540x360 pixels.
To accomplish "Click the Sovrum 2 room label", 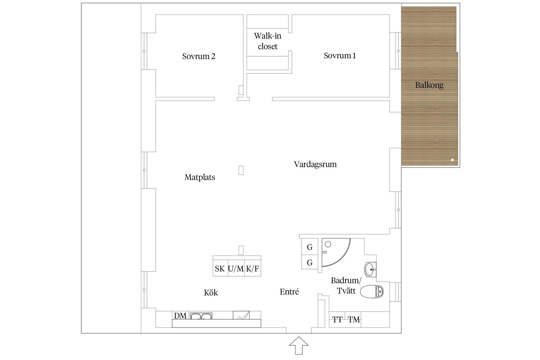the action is pyautogui.click(x=199, y=56).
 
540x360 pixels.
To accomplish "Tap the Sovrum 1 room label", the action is pyautogui.click(x=340, y=56).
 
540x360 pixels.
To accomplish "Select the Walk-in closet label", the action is pyautogui.click(x=267, y=41).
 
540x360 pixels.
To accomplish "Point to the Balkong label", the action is pyautogui.click(x=429, y=85).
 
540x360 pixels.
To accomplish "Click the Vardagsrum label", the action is pyautogui.click(x=315, y=164).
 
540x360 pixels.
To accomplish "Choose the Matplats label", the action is pyautogui.click(x=200, y=177).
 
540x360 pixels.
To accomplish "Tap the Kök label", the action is pyautogui.click(x=211, y=293).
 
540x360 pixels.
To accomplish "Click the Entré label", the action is pyautogui.click(x=289, y=292).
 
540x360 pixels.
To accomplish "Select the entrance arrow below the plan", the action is pyautogui.click(x=299, y=345).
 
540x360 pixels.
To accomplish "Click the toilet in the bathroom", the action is pyautogui.click(x=372, y=292).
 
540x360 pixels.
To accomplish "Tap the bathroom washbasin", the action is pyautogui.click(x=370, y=270).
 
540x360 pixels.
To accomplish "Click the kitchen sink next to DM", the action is pyautogui.click(x=201, y=316).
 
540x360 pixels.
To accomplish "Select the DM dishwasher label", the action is pyautogui.click(x=180, y=316).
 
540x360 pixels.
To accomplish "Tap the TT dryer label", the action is pyautogui.click(x=337, y=320).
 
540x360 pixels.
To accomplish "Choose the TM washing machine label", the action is pyautogui.click(x=354, y=320).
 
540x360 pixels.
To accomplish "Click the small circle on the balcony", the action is pyautogui.click(x=452, y=160).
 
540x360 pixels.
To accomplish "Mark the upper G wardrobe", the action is pyautogui.click(x=310, y=247).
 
